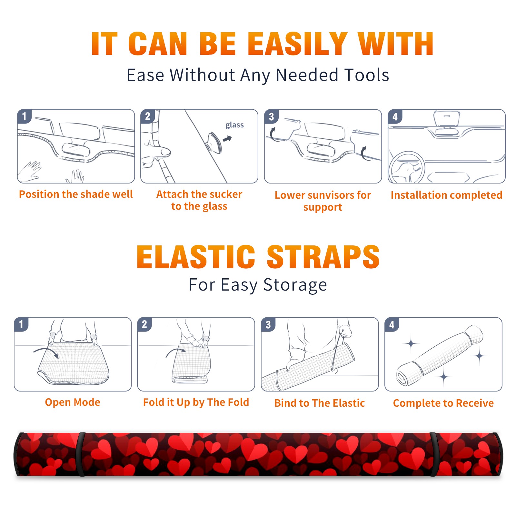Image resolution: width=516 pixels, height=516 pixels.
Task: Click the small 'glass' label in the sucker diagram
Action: point(234,125)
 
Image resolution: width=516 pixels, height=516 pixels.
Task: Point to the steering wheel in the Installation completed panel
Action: point(406,168)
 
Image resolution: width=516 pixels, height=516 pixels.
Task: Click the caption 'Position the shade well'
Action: point(76,194)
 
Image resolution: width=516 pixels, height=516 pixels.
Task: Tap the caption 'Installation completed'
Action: point(446,195)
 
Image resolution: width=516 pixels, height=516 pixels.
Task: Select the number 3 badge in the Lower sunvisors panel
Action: point(271,117)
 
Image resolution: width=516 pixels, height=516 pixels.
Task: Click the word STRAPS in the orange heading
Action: point(323,257)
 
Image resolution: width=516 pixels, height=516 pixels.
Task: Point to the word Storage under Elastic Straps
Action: point(295,285)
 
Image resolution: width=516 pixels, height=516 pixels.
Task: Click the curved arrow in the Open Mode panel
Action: point(46,352)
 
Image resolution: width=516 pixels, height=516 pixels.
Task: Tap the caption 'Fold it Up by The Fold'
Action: point(196,402)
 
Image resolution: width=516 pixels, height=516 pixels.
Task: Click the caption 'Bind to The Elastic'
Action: point(320,403)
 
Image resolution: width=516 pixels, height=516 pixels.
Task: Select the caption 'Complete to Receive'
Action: point(443,403)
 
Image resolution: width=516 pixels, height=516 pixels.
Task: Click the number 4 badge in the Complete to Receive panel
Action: point(392,325)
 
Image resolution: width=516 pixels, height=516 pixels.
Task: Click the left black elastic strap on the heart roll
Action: point(81,454)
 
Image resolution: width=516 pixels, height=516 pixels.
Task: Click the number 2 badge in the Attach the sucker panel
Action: point(147,116)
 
